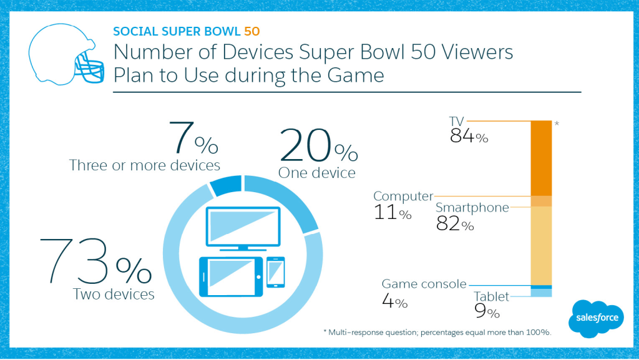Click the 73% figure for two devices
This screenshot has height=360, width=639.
click(94, 262)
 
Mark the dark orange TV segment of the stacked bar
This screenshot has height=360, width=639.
click(541, 158)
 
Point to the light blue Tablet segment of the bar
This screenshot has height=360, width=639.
click(541, 293)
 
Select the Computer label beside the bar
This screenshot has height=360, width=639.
click(403, 196)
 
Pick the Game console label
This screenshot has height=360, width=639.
click(424, 285)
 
